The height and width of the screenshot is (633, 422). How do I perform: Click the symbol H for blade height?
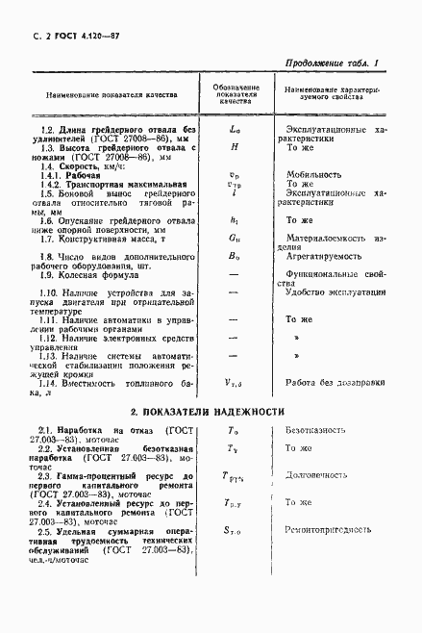tap(234, 148)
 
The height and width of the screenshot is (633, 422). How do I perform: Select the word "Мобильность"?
tap(313, 174)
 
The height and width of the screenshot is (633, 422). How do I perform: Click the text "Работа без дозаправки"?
tap(333, 382)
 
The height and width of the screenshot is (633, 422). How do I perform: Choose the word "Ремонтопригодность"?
tap(327, 529)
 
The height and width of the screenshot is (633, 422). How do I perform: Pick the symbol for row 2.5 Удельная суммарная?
tap(234, 530)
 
